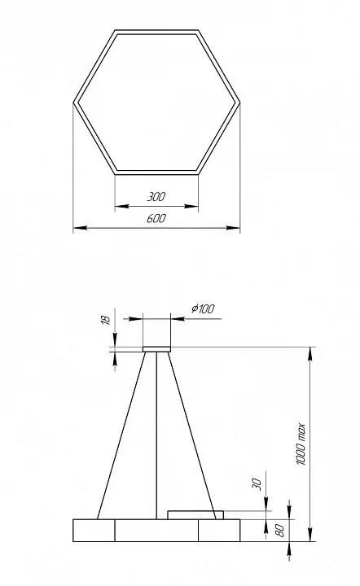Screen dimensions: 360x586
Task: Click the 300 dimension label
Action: [156, 197]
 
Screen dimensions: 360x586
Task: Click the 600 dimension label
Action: [156, 218]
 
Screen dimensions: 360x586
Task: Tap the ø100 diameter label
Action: [203, 308]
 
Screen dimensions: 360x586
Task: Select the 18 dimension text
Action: [106, 320]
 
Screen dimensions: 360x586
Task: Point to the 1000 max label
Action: [301, 444]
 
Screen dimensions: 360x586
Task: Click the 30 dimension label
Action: [257, 483]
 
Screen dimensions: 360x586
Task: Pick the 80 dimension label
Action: [279, 531]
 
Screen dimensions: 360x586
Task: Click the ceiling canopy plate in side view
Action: [156, 349]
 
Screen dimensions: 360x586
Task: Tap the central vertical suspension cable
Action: [156, 435]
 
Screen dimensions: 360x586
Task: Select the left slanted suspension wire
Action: [121, 435]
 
